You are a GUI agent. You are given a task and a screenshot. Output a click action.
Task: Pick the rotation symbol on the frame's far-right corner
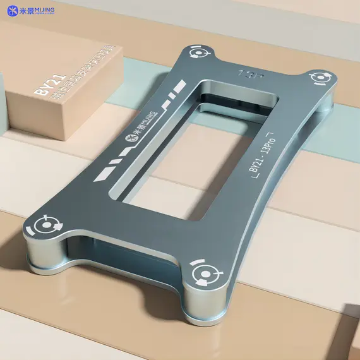click(x=320, y=78)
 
